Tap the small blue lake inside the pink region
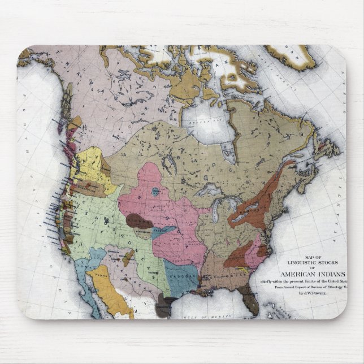point(154,191)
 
